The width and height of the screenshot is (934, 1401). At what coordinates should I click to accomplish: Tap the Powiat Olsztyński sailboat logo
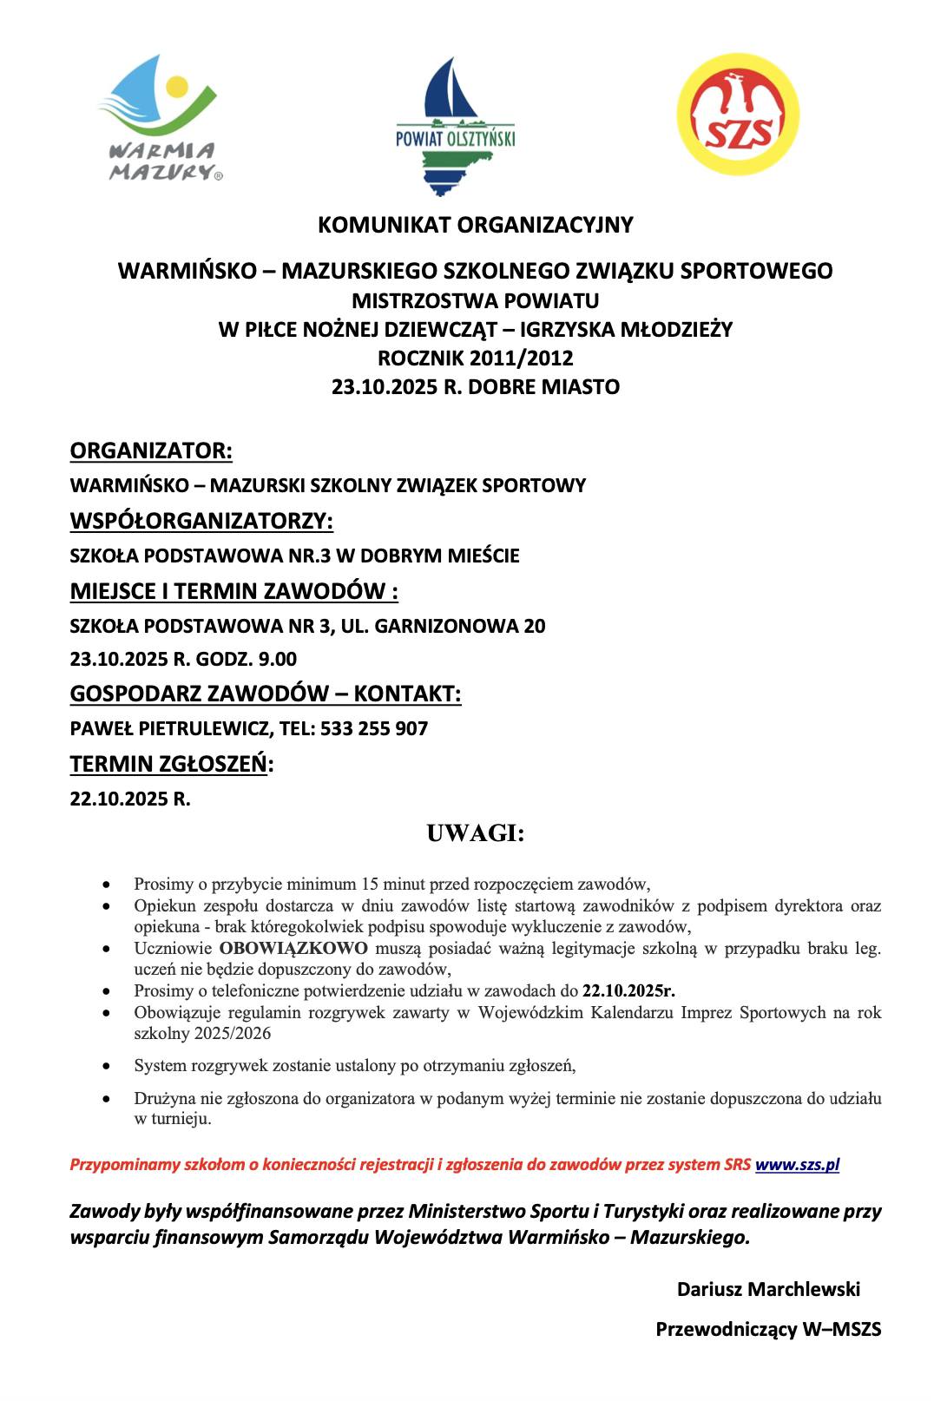click(455, 127)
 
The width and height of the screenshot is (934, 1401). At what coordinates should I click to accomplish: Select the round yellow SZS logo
click(737, 115)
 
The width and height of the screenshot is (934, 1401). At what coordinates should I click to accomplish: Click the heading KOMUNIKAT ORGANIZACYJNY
click(475, 225)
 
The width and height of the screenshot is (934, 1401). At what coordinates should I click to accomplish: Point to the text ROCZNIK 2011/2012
click(475, 358)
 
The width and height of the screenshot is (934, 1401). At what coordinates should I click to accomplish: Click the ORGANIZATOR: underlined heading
click(151, 451)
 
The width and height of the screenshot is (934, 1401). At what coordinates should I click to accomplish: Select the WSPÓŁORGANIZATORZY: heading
click(201, 521)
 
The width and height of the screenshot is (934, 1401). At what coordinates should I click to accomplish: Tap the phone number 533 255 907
click(374, 728)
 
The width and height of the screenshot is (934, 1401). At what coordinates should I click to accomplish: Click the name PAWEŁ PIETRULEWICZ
click(171, 728)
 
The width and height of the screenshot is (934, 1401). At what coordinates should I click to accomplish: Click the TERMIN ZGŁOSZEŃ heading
click(169, 764)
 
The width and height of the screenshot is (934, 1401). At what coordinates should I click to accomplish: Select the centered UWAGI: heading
click(475, 833)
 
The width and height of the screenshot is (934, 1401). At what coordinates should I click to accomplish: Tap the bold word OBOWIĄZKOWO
click(293, 948)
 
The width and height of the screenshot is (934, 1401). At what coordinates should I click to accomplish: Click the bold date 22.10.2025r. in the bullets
click(628, 990)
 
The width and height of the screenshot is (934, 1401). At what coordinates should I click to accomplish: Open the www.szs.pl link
click(797, 1165)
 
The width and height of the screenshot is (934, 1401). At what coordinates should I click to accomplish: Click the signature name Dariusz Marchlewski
click(768, 1289)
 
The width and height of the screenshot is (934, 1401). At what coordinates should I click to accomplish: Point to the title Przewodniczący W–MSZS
click(768, 1329)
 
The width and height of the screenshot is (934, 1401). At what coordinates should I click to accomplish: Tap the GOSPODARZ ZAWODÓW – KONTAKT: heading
click(266, 694)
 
